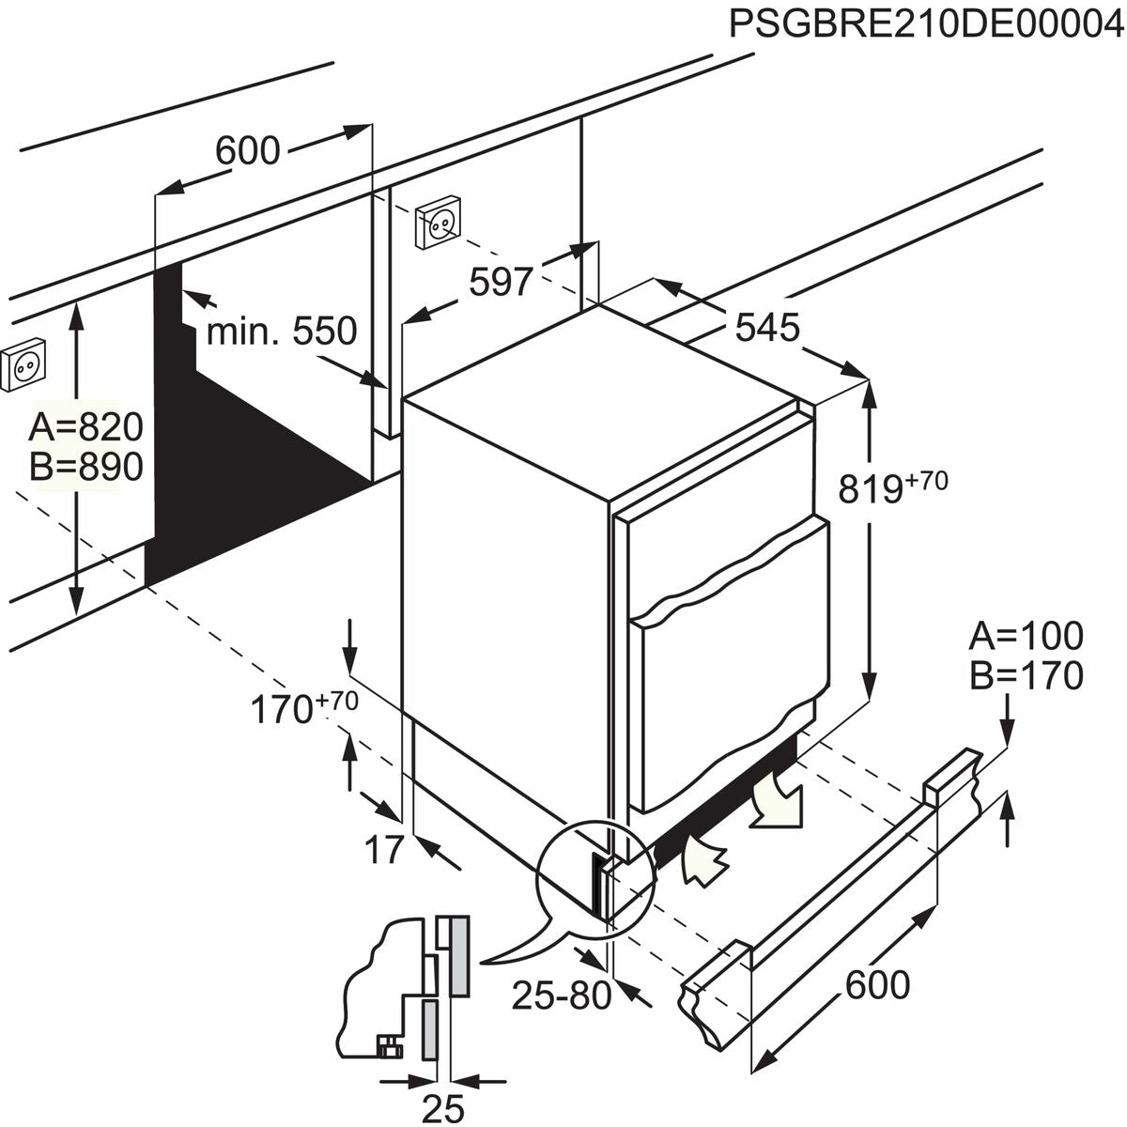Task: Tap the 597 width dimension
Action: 502,281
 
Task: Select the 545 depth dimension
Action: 767,327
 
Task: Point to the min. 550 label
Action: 282,331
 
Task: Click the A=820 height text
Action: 85,427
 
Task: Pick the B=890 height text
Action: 85,467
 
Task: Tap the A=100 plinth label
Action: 1027,636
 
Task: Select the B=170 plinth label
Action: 1027,675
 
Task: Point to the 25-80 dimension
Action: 561,995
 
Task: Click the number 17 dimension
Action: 383,849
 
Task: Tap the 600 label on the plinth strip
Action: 877,985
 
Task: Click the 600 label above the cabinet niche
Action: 248,150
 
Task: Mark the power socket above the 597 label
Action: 438,222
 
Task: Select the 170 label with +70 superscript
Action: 302,708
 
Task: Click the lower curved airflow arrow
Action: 705,859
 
